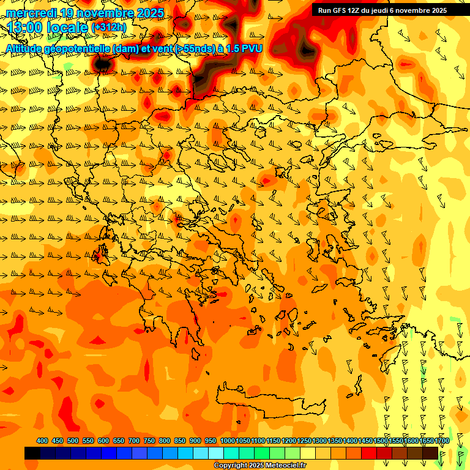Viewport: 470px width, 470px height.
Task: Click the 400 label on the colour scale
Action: tap(42, 441)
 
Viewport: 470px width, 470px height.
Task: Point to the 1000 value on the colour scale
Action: tap(227, 441)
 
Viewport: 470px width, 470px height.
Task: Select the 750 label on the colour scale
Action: tap(149, 441)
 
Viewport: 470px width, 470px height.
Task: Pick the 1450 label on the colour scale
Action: tap(366, 441)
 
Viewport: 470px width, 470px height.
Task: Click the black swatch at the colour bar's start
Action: tap(32, 453)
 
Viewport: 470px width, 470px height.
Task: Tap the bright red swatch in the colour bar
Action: tap(369, 453)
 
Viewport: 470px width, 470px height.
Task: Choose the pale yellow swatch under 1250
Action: tap(308, 453)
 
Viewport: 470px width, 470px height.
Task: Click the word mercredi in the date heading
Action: tap(32, 13)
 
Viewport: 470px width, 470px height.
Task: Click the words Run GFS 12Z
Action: tap(338, 10)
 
